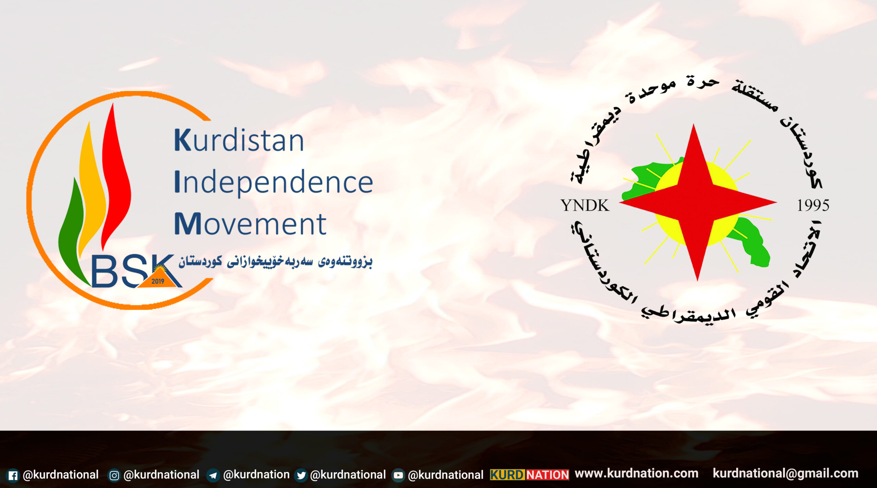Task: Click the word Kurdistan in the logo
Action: pos(239,140)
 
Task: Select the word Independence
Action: pos(274,183)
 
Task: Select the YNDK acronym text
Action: pos(585,205)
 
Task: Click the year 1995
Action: pos(813,205)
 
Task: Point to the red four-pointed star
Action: pos(698,202)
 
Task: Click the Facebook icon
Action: pos(13,475)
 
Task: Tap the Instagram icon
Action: pos(114,475)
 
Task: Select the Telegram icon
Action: pos(213,475)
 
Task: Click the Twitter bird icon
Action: pos(301,475)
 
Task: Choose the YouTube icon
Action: pos(398,475)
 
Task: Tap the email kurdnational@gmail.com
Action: pos(786,474)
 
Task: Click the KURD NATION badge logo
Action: pos(529,475)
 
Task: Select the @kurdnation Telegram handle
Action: pos(256,475)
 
